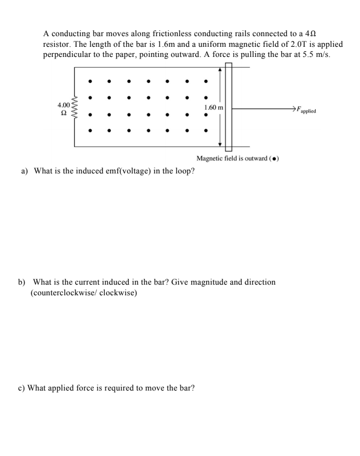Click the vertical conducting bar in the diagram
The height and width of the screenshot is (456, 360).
(x=228, y=106)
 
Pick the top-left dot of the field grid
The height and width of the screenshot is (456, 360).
(x=90, y=82)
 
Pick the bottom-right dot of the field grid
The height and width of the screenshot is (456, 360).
(x=206, y=130)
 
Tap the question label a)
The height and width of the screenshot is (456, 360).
(x=24, y=171)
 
